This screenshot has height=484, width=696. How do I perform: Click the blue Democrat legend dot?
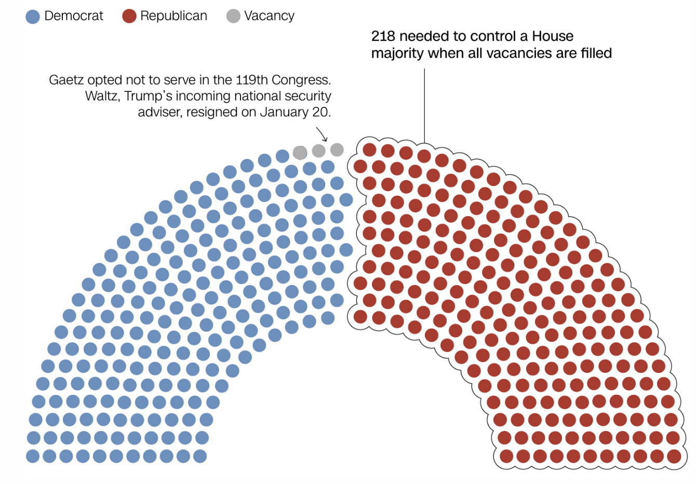(x=33, y=17)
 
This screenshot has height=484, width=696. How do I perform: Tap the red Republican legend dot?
(x=129, y=17)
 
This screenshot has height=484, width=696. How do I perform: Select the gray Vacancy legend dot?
(x=234, y=17)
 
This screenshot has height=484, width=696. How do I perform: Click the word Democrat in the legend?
(x=74, y=16)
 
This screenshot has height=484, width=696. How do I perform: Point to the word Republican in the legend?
(x=173, y=16)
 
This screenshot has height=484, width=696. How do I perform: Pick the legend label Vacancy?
(x=269, y=16)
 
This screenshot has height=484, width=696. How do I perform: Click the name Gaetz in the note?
(x=66, y=80)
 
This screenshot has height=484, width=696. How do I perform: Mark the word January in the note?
(x=285, y=112)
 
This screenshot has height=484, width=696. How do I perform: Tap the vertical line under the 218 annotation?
(x=424, y=104)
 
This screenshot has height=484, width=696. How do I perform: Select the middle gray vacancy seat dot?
(x=318, y=151)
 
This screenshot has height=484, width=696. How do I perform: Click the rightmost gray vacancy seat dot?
(x=337, y=150)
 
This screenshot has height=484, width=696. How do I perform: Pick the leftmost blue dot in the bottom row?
(x=33, y=456)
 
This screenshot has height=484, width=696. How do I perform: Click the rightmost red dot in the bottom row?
(x=674, y=456)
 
